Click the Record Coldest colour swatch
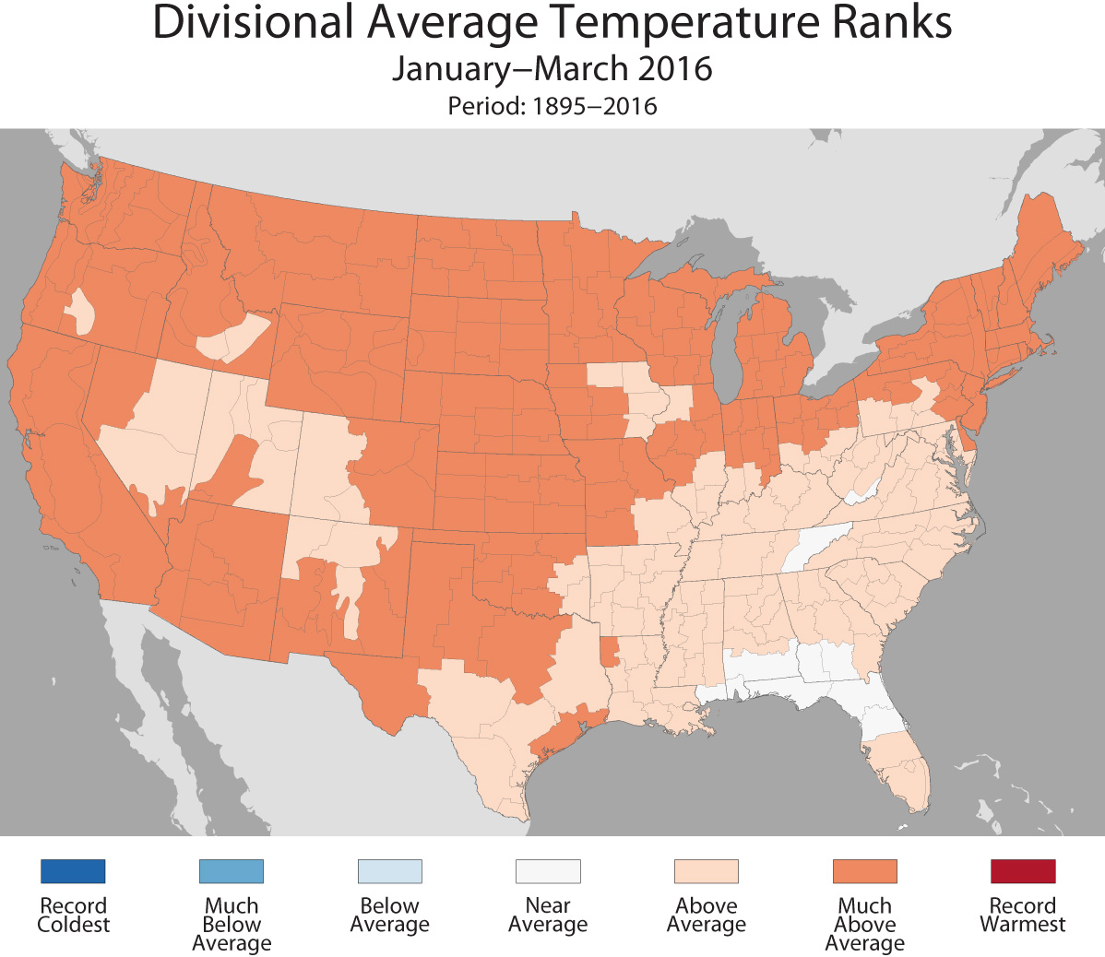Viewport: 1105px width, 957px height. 73,871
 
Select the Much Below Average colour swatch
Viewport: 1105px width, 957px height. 232,871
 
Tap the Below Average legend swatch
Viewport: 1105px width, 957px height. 389,871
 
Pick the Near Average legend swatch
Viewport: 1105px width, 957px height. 548,871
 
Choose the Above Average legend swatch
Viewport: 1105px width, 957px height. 707,871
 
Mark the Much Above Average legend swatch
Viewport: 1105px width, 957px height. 864,871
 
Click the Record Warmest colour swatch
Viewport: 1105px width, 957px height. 1023,871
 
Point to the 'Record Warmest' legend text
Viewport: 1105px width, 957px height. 1023,916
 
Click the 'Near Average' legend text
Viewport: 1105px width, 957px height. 548,916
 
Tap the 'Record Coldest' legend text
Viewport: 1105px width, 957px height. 73,916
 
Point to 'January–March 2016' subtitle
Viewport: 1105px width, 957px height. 552,69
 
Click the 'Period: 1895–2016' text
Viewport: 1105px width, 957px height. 552,106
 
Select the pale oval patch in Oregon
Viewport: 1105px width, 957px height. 80,311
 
